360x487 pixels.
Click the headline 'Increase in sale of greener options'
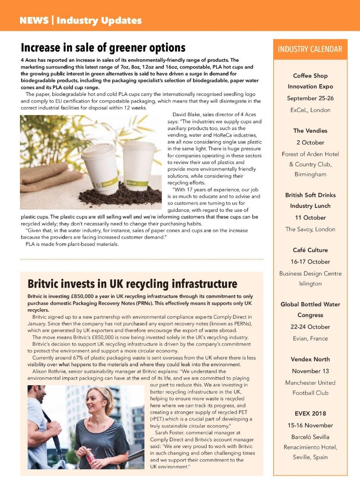click(x=103, y=47)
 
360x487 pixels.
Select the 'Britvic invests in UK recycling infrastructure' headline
click(x=132, y=284)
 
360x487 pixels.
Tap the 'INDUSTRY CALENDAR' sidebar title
click(x=310, y=49)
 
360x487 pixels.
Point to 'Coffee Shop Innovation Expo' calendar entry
click(x=310, y=81)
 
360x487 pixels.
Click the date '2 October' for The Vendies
click(x=310, y=142)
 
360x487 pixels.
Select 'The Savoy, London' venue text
click(x=310, y=229)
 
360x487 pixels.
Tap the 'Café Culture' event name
click(x=310, y=250)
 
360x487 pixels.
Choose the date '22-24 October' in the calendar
click(x=310, y=327)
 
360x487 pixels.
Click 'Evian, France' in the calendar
click(x=310, y=338)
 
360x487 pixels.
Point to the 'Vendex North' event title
click(x=310, y=359)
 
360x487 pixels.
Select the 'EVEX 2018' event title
click(x=310, y=414)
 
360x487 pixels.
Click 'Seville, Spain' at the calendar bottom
click(x=310, y=457)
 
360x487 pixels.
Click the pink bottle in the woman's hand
click(x=90, y=457)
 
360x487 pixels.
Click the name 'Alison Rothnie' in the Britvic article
click(x=44, y=372)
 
